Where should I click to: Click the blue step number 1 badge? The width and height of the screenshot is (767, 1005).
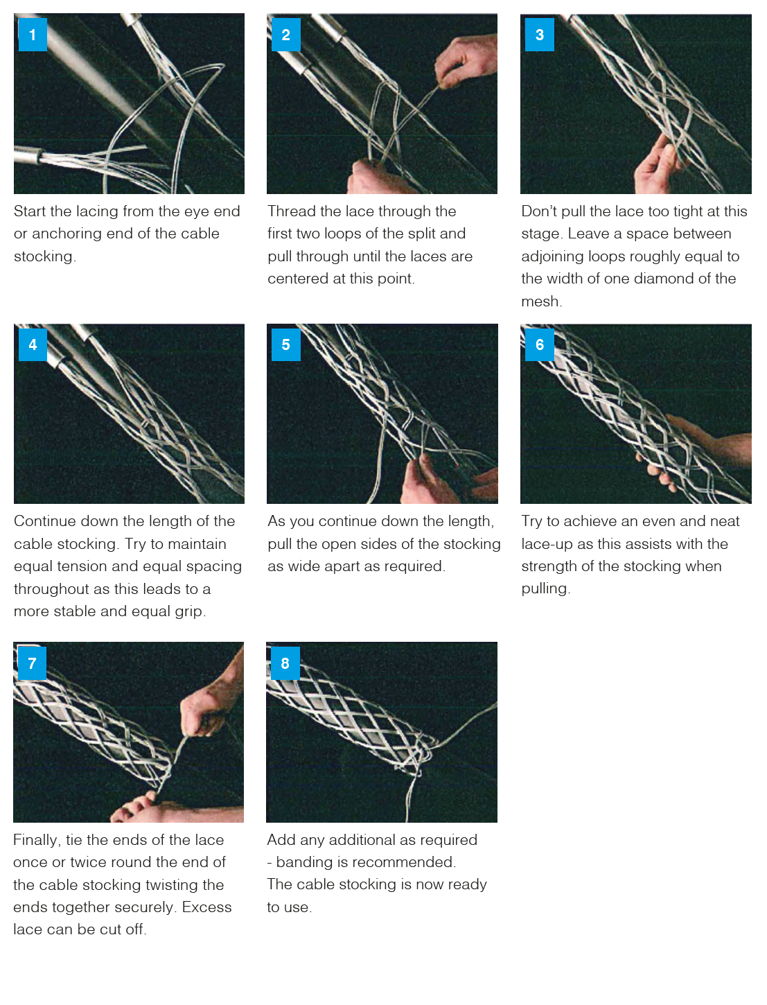coord(33,35)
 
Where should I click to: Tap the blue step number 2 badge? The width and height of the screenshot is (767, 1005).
coord(285,35)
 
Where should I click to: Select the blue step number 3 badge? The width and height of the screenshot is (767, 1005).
coord(540,35)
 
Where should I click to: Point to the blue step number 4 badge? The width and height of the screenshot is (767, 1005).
coord(33,344)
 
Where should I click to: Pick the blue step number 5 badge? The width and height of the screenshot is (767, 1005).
coord(285,344)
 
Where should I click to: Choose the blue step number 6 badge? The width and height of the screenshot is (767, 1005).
coord(540,344)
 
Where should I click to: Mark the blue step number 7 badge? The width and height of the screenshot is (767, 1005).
coord(32,663)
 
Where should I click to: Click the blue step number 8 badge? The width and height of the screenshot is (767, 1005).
coord(285,663)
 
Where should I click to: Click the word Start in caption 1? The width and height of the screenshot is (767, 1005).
coord(30,211)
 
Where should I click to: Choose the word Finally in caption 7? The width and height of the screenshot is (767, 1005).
coord(37,840)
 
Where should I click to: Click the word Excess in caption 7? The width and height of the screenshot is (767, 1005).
coord(207,907)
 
